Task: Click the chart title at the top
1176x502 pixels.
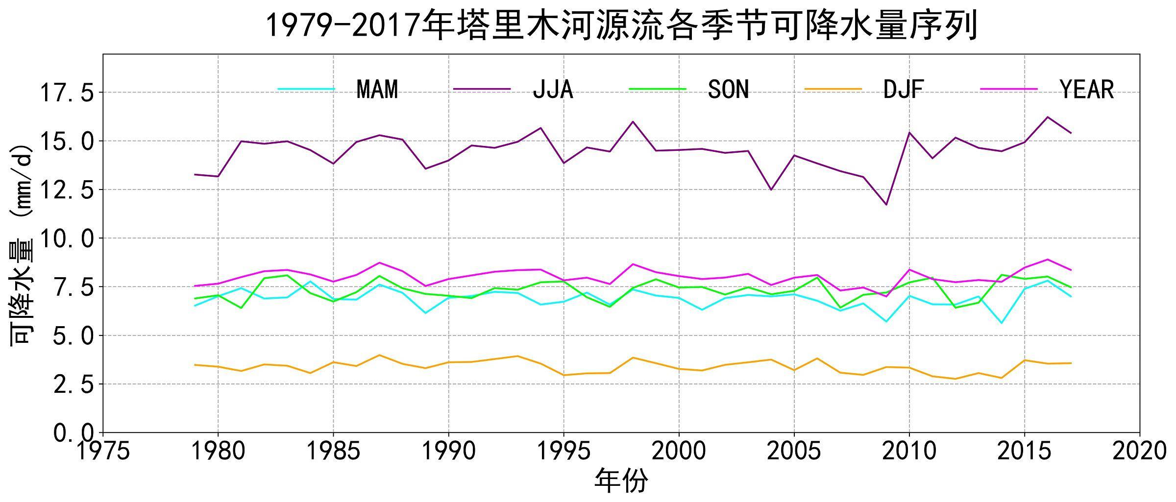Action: point(621,25)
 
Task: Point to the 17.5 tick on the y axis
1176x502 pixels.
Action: point(66,93)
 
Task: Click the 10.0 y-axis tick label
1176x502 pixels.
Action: point(66,239)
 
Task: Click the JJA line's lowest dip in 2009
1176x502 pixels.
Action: point(886,204)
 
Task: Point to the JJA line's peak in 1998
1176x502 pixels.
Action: point(633,121)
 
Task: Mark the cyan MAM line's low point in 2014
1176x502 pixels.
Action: point(1001,323)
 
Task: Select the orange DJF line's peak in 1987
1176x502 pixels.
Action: point(379,355)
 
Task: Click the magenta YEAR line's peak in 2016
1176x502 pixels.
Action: point(1047,260)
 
